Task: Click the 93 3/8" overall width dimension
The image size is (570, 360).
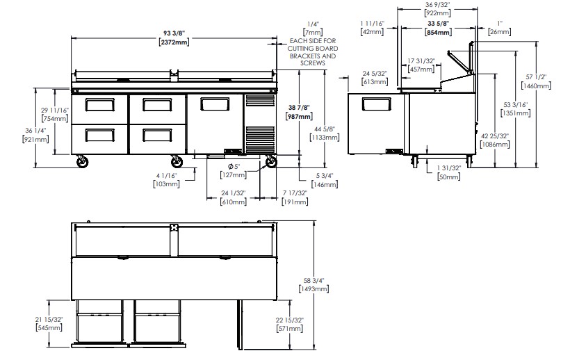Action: (174, 33)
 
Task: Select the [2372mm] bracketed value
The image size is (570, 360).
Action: (174, 42)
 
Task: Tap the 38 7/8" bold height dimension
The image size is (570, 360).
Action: (299, 108)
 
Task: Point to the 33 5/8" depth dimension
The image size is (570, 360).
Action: (439, 24)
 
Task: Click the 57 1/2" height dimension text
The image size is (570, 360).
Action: (536, 77)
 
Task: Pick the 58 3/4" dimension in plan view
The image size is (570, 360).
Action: (313, 281)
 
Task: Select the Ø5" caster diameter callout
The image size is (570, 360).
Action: (234, 167)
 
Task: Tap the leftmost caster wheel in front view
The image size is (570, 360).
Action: (83, 162)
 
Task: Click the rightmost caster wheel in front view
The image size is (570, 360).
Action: (271, 162)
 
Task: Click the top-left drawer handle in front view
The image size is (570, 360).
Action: (100, 105)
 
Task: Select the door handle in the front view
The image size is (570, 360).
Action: (215, 104)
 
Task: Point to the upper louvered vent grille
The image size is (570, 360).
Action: (260, 101)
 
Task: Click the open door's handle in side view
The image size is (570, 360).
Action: (377, 104)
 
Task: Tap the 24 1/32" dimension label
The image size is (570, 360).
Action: (234, 193)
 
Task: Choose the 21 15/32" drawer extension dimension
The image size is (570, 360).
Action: (49, 319)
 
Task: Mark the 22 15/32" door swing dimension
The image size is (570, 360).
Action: (289, 320)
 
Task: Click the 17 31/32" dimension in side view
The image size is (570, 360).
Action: (421, 61)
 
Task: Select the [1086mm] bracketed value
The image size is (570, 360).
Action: (495, 145)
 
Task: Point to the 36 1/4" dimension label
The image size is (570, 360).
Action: (35, 131)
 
